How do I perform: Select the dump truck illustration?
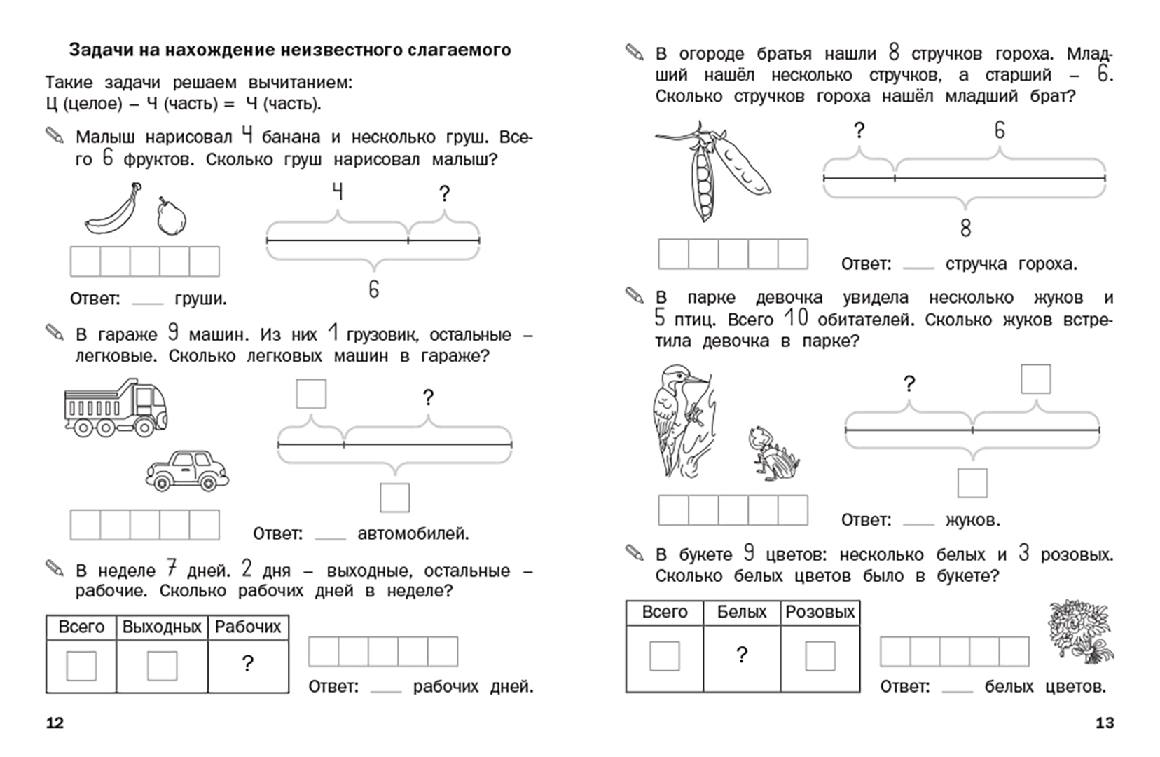[x=116, y=408]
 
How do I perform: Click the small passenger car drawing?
[x=187, y=470]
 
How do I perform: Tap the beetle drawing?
[x=772, y=454]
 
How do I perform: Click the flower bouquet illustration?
[x=1079, y=631]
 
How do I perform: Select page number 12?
[x=55, y=723]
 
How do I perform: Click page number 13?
[x=1104, y=723]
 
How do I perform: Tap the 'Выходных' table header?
[x=162, y=627]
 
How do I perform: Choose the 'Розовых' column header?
[x=820, y=612]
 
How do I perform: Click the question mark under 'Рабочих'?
[x=247, y=663]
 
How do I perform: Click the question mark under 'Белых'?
[x=742, y=655]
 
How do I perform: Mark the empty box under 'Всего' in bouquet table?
[x=664, y=657]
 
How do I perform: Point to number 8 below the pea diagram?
[x=965, y=228]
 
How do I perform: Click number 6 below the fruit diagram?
[x=373, y=289]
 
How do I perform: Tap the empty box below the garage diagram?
[x=394, y=498]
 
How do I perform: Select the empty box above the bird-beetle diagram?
[x=1035, y=379]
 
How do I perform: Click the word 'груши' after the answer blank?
[x=200, y=299]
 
